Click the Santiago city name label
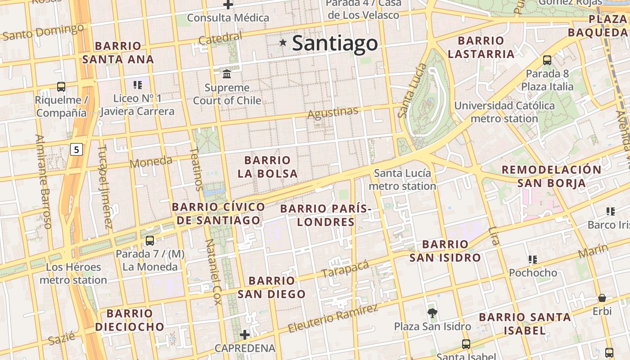335,43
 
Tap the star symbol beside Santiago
283,43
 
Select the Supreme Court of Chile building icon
227,73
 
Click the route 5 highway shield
77,149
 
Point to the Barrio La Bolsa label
267,167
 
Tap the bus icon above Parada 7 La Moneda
150,241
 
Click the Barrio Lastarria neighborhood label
481,47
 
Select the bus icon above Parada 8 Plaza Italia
547,60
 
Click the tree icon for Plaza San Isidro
432,313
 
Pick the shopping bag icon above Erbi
602,298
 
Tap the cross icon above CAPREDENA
245,334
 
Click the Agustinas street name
333,112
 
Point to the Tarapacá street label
345,269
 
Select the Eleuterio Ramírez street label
333,319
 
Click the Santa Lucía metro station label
402,179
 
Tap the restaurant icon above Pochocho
533,259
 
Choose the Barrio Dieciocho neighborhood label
130,320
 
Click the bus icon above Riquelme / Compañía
61,86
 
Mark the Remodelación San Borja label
551,176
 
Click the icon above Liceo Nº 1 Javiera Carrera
138,84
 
